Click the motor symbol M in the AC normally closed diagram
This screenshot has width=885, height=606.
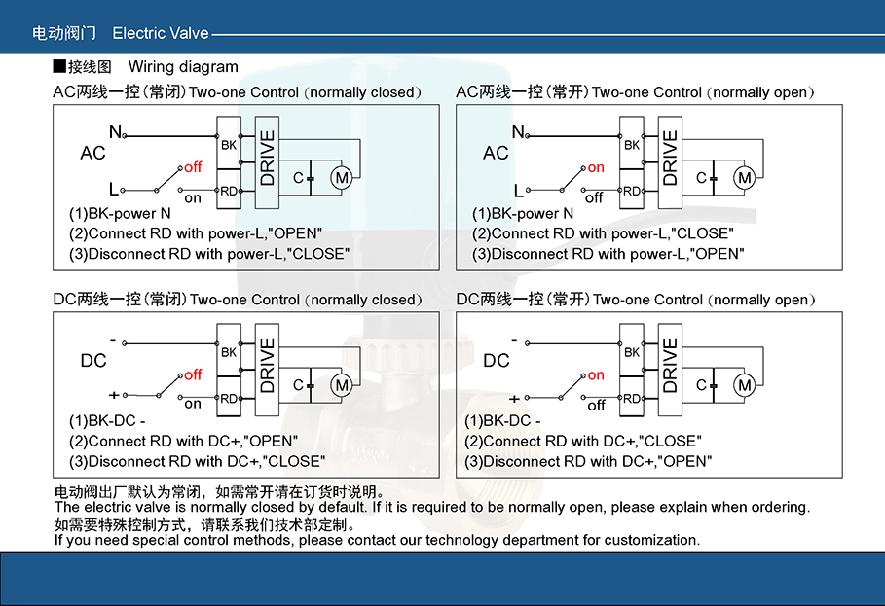click(x=342, y=177)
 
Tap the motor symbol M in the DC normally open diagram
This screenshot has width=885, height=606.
click(x=745, y=385)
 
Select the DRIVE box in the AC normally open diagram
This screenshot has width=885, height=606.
click(x=670, y=158)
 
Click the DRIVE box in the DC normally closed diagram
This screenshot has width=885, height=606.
click(x=267, y=365)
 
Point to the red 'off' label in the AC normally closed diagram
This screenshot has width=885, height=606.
click(x=193, y=167)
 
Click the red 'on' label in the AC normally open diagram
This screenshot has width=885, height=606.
click(x=596, y=167)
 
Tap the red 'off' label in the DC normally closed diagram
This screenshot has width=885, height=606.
click(x=193, y=374)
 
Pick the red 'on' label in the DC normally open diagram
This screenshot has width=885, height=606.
click(x=596, y=374)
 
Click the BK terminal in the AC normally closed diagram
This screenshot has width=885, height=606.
click(x=229, y=145)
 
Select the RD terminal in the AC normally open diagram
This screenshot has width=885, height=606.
click(x=632, y=191)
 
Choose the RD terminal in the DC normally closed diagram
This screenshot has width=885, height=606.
click(x=229, y=398)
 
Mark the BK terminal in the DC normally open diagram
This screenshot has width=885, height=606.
click(x=632, y=352)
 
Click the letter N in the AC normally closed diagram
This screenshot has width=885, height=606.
click(x=115, y=131)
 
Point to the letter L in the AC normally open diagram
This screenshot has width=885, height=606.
click(x=519, y=191)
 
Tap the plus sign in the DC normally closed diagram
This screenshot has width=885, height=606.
click(x=114, y=395)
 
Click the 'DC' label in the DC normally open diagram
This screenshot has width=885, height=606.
click(x=497, y=361)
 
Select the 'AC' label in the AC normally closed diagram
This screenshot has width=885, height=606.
click(x=92, y=154)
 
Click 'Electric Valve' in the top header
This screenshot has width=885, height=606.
click(x=161, y=33)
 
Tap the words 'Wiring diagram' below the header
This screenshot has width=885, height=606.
click(x=183, y=67)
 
